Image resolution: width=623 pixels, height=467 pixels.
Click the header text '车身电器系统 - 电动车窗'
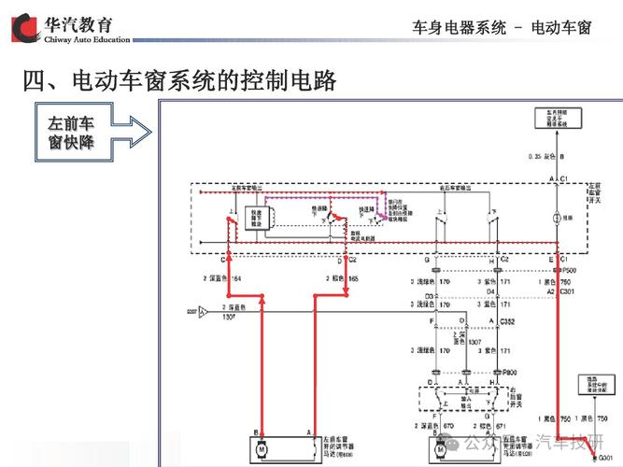pyautogui.click(x=502, y=27)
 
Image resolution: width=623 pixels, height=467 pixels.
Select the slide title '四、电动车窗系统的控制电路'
pyautogui.click(x=179, y=81)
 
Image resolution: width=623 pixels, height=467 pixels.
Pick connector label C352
pyautogui.click(x=507, y=320)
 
